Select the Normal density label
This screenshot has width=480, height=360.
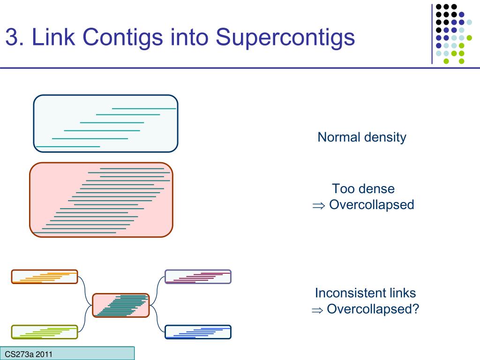(x=361, y=137)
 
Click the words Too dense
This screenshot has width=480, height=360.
(x=363, y=189)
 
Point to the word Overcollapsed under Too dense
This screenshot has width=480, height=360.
(x=371, y=205)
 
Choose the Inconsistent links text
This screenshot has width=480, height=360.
(x=365, y=293)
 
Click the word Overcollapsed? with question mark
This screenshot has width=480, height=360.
(x=372, y=309)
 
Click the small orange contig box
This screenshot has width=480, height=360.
(x=44, y=277)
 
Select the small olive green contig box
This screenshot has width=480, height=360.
(x=44, y=332)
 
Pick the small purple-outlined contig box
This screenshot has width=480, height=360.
(x=198, y=277)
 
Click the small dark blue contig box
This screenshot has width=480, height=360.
(x=198, y=332)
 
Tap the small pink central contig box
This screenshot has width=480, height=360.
(x=120, y=305)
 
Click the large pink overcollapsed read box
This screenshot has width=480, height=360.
(x=101, y=200)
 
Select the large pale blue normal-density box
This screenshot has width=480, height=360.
(x=105, y=124)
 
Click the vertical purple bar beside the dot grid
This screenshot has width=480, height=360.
(x=432, y=33)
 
